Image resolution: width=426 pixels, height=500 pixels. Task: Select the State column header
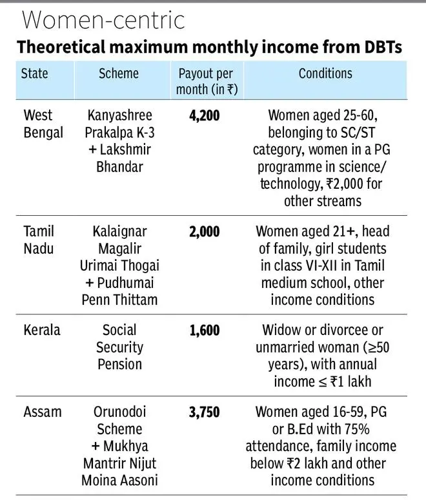click(35, 73)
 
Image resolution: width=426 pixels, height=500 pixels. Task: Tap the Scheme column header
click(119, 73)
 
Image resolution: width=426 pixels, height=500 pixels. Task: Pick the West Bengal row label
click(43, 124)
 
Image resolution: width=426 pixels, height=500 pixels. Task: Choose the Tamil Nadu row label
click(39, 240)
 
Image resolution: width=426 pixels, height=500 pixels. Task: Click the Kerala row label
click(42, 330)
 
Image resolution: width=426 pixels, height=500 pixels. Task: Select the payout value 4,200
click(205, 116)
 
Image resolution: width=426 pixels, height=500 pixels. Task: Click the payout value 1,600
click(205, 331)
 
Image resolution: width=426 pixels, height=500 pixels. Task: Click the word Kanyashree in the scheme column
click(119, 116)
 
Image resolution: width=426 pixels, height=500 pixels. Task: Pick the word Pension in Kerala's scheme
click(119, 364)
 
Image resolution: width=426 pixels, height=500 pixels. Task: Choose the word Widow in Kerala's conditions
click(284, 331)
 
